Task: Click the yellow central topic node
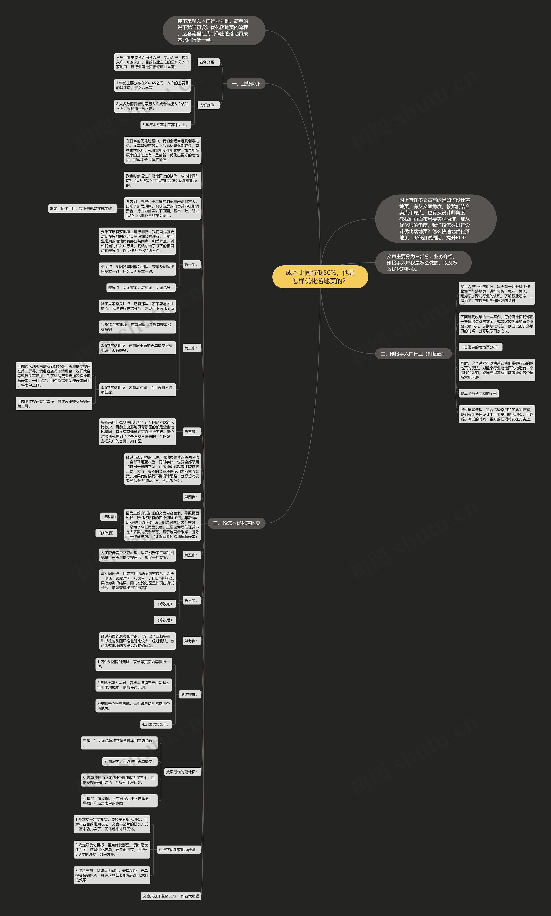pyautogui.click(x=320, y=277)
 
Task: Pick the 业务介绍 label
pyautogui.click(x=207, y=62)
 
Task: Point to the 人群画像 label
pyautogui.click(x=207, y=105)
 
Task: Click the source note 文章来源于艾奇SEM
pyautogui.click(x=171, y=896)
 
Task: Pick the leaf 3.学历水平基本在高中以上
pyautogui.click(x=166, y=125)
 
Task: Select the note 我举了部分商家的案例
pyautogui.click(x=479, y=394)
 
